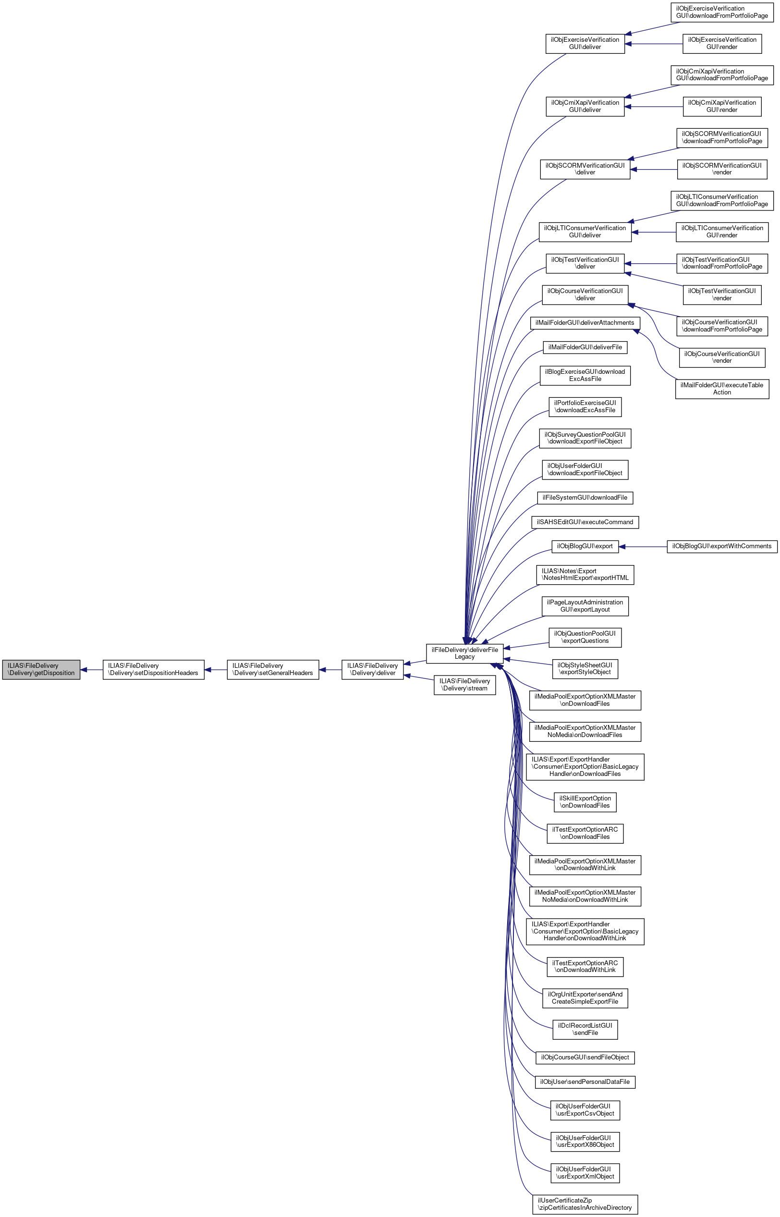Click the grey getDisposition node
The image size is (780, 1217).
41,669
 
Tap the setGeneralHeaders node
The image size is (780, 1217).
272,669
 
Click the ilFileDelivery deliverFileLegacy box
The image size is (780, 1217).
464,653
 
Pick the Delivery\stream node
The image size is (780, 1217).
464,685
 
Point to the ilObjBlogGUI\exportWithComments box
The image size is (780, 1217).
722,546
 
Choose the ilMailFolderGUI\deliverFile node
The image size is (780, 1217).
585,347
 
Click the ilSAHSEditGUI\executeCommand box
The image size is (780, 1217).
585,522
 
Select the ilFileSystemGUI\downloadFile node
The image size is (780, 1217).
585,498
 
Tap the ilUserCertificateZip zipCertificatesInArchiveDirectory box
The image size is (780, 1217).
585,1204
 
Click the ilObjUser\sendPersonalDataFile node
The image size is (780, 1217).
585,1082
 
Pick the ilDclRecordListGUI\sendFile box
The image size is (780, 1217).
585,1029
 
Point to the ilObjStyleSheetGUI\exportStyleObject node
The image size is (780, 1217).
585,668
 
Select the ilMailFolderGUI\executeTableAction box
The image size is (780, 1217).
722,389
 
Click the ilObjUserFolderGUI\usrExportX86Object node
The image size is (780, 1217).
585,1141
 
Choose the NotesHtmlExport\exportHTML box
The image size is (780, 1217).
585,575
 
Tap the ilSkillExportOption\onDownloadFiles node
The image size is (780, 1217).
585,801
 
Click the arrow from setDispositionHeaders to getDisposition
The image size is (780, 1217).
92,669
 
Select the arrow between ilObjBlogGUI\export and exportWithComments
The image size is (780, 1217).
643,547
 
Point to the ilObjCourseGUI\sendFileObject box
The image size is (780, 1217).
585,1057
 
